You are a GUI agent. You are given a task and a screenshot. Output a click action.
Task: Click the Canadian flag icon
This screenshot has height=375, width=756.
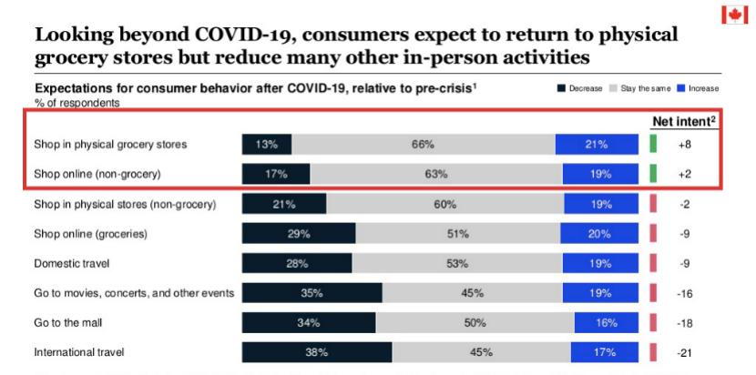coord(735,15)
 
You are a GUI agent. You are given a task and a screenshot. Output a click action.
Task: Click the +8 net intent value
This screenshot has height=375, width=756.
coord(685,145)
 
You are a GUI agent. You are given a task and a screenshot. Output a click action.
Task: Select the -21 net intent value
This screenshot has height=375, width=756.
coord(685,352)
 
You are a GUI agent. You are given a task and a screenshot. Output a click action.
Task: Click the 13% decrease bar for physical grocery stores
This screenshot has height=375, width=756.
coord(267,145)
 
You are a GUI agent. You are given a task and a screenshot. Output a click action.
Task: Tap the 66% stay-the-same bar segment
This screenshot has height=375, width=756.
coord(423,145)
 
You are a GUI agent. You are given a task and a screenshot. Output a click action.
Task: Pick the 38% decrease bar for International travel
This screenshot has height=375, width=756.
coord(317,352)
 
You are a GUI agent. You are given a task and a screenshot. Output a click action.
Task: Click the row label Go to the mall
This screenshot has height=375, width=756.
coord(67,322)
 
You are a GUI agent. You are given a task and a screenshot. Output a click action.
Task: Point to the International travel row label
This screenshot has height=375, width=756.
coord(80,352)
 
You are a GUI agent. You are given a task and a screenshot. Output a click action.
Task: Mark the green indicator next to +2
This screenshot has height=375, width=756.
coord(653,174)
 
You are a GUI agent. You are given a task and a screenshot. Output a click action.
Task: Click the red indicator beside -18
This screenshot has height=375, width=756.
coord(653,322)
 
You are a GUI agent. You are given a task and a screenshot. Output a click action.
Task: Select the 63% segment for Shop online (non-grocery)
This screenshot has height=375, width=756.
coord(435,174)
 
